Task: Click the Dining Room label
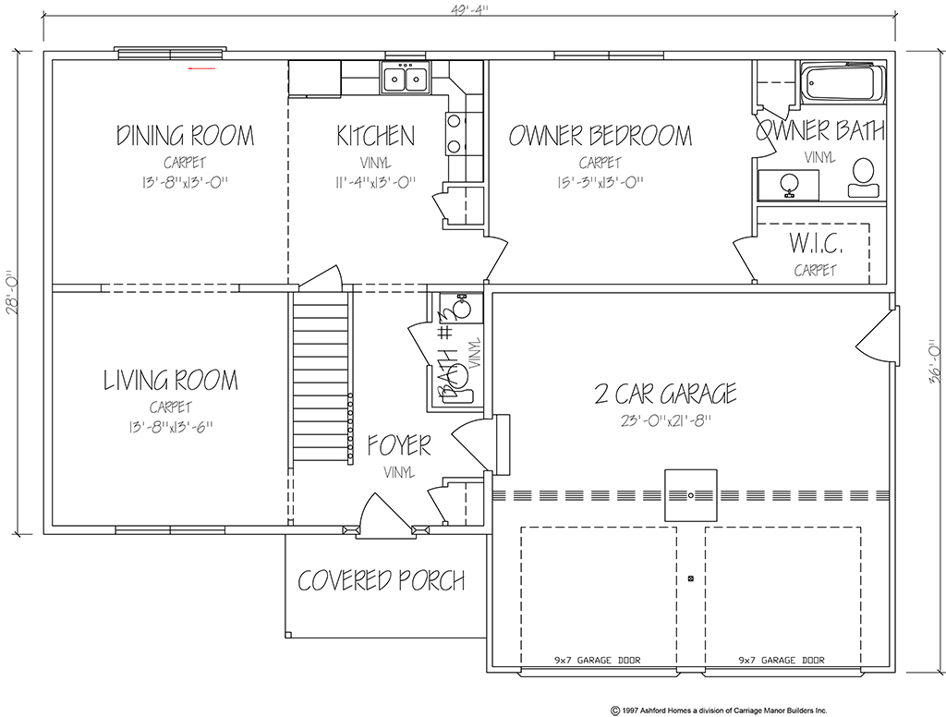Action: [185, 135]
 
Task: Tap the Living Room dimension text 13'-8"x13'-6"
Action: [171, 427]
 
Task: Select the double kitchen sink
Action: [406, 78]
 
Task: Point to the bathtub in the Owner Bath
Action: [843, 83]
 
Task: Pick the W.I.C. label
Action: [816, 243]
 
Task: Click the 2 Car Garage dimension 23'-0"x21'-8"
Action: [666, 420]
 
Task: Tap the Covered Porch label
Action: [382, 580]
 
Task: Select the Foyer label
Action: [399, 445]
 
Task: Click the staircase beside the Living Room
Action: [321, 375]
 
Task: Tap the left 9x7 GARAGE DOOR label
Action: [598, 661]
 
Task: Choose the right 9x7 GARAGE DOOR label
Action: [782, 661]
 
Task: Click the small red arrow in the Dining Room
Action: [201, 68]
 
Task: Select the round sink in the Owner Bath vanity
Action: [788, 183]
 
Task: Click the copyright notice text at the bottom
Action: [719, 711]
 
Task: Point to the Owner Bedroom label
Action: [600, 136]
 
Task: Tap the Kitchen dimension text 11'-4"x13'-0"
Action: [375, 182]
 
